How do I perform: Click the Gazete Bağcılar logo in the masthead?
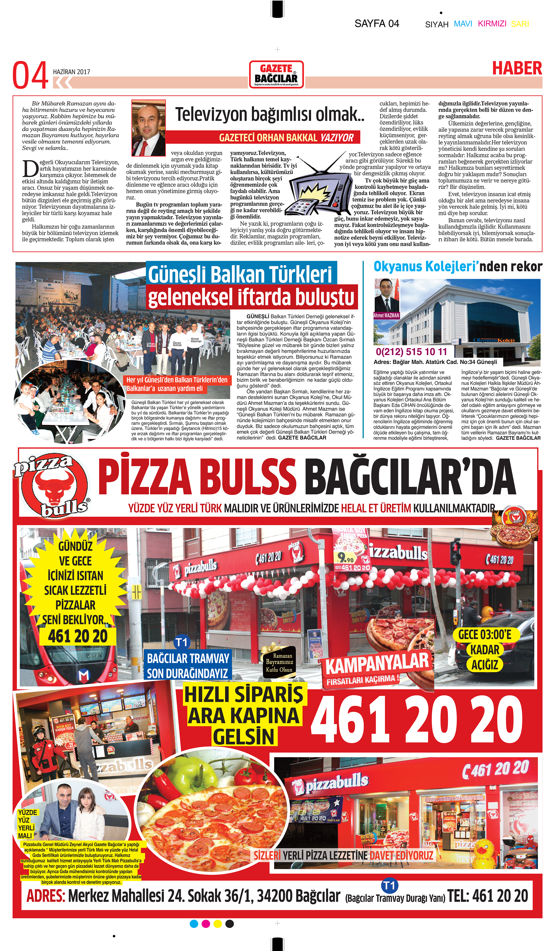pyautogui.click(x=277, y=74)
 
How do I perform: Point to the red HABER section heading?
pyautogui.click(x=517, y=68)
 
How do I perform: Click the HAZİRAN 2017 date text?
pyautogui.click(x=71, y=72)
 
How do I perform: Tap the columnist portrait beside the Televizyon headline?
pyautogui.click(x=148, y=128)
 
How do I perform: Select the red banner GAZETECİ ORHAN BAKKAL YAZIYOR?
pyautogui.click(x=286, y=137)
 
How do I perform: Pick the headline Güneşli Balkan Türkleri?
pyautogui.click(x=240, y=274)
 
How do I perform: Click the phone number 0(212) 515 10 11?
pyautogui.click(x=411, y=352)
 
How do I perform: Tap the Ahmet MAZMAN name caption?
pyautogui.click(x=386, y=315)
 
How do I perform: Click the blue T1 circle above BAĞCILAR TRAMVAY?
pyautogui.click(x=182, y=642)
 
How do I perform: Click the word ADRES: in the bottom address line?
pyautogui.click(x=46, y=895)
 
